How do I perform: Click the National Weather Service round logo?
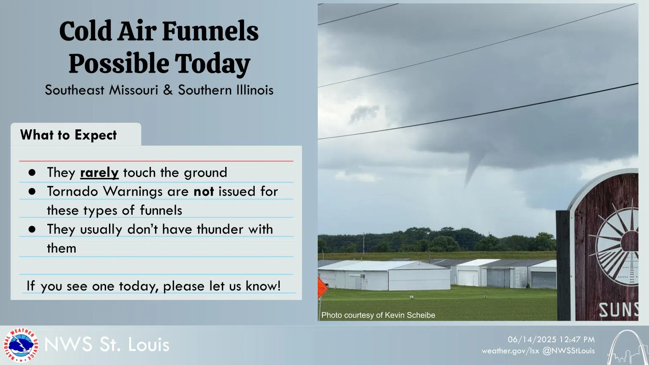pos(20,345)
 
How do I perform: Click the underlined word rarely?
pos(99,172)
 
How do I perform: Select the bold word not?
pos(204,191)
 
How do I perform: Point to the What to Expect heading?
pos(68,135)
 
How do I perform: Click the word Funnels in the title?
pos(210,31)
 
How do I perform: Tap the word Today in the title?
pos(213,64)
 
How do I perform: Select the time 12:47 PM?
pos(577,340)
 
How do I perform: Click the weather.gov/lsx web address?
pos(510,351)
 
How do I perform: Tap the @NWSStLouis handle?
pos(568,351)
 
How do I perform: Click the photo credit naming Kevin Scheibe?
pos(378,315)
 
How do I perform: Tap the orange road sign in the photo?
pos(322,289)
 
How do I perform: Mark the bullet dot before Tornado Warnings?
pos(32,191)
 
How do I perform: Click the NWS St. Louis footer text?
pos(107,345)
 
